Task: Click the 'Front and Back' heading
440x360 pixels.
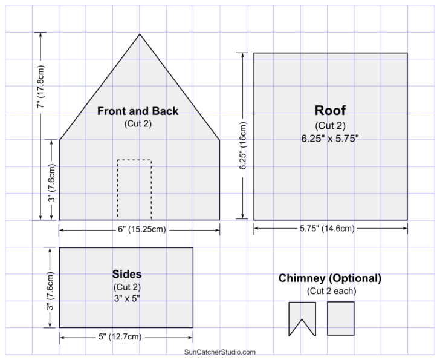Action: (x=138, y=111)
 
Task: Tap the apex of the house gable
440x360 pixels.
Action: (x=140, y=34)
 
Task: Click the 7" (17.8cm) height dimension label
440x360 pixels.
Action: (x=40, y=86)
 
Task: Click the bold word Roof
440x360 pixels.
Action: (x=330, y=111)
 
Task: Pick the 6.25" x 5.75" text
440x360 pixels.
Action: (x=330, y=138)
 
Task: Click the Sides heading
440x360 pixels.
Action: (x=127, y=275)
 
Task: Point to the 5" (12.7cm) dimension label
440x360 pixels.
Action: (x=126, y=336)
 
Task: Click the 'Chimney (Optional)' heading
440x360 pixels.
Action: (x=330, y=278)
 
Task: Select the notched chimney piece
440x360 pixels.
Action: (x=302, y=316)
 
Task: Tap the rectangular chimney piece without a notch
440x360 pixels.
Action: (x=341, y=318)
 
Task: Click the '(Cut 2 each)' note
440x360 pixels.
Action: (x=330, y=291)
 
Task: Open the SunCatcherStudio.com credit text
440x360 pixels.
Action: (x=220, y=352)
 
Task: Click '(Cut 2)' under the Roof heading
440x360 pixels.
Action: (x=330, y=126)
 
